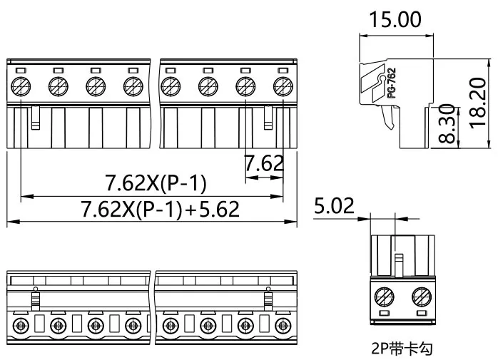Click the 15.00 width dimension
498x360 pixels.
395,19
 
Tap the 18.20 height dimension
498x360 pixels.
478,103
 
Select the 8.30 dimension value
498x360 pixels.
447,124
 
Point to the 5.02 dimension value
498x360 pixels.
334,206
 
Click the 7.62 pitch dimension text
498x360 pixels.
263,163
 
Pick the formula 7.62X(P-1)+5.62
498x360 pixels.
161,209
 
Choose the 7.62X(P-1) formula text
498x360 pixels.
156,183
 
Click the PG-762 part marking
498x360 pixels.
392,83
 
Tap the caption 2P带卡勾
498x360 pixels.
402,349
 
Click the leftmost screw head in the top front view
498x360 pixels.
21,86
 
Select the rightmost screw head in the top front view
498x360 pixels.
283,86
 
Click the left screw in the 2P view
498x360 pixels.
385,297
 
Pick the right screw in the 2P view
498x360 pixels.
422,297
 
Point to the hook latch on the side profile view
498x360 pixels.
389,117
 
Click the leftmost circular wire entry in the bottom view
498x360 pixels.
21,326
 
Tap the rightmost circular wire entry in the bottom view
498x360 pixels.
283,326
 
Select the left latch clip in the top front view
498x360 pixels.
36,118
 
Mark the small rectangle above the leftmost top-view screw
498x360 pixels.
21,70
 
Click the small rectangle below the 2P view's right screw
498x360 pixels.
422,314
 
